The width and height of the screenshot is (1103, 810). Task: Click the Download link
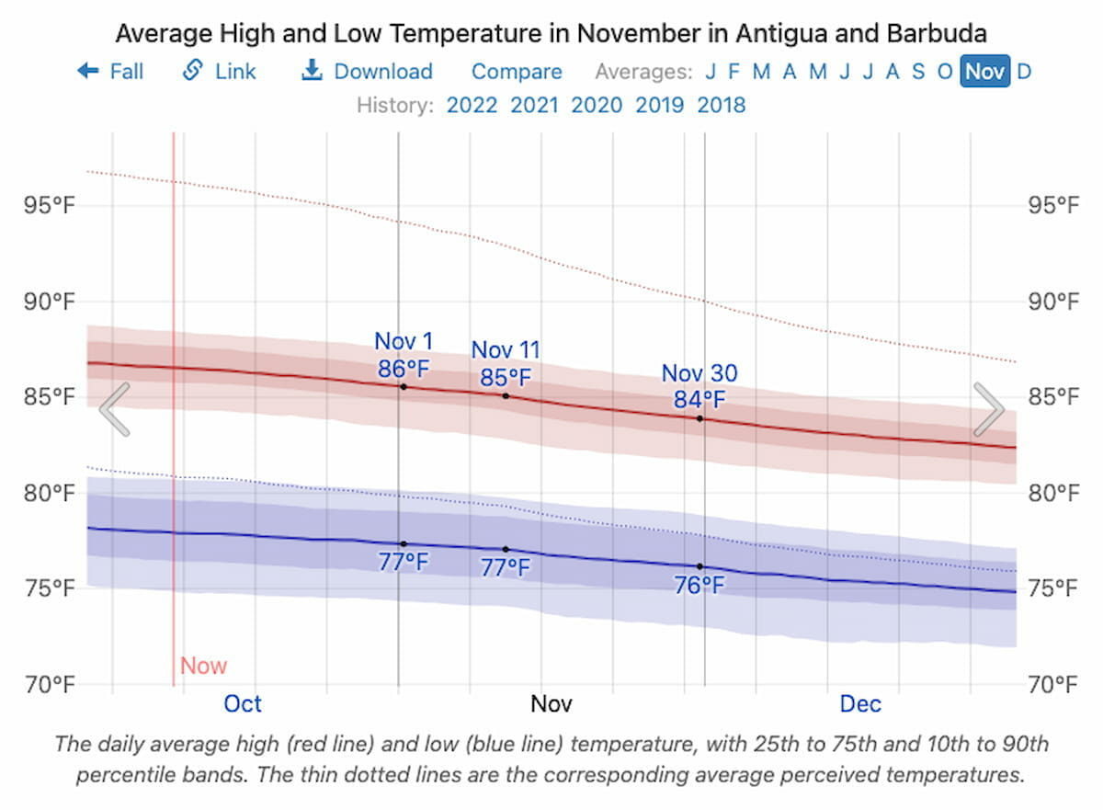(x=368, y=72)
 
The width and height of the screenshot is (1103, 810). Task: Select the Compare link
(x=517, y=72)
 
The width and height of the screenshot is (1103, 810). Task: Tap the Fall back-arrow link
(x=111, y=72)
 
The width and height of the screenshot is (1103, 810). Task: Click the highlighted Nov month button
(x=984, y=72)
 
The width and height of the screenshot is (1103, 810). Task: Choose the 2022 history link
(x=472, y=105)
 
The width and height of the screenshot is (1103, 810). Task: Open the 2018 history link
(x=722, y=105)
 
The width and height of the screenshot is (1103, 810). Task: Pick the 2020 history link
(x=597, y=105)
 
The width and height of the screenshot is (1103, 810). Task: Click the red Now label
(x=203, y=667)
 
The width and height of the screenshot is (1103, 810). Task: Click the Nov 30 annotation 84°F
(x=699, y=400)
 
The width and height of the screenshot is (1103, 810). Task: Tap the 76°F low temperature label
(x=699, y=586)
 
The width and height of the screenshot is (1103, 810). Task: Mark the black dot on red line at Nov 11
(x=506, y=396)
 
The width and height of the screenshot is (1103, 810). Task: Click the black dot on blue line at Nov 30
(x=699, y=566)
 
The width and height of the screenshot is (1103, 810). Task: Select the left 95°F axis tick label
(x=49, y=205)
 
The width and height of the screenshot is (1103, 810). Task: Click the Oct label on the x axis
(x=243, y=704)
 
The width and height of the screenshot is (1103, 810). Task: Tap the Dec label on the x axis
(x=860, y=704)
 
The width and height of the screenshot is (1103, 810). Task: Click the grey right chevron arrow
(x=988, y=410)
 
